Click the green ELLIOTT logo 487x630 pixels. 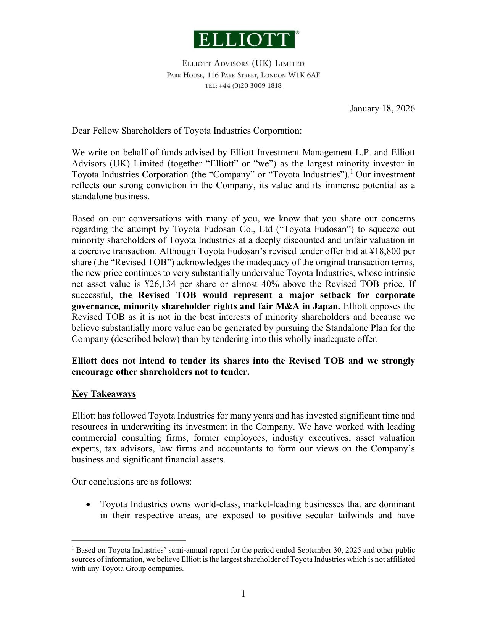click(x=244, y=39)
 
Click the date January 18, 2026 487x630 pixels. click(x=382, y=109)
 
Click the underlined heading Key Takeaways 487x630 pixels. click(x=103, y=394)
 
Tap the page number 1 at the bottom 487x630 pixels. click(x=243, y=594)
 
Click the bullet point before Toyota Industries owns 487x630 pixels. click(x=89, y=505)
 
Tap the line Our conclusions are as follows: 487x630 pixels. click(x=131, y=482)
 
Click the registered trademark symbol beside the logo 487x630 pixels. click(x=297, y=33)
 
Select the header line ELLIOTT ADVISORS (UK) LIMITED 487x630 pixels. click(x=243, y=64)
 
